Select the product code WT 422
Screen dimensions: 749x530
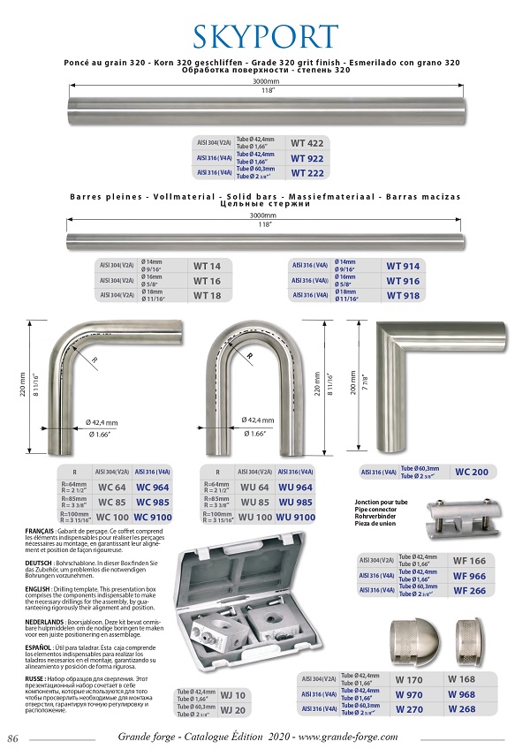tap(307, 143)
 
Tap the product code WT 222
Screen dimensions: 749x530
tap(307, 173)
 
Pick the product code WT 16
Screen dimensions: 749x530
tap(207, 281)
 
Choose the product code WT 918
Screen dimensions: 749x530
tap(403, 296)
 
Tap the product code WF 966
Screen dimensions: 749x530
tap(469, 575)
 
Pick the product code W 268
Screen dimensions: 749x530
tap(462, 708)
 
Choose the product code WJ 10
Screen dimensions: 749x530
tap(233, 694)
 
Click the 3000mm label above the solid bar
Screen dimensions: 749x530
tap(263, 215)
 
